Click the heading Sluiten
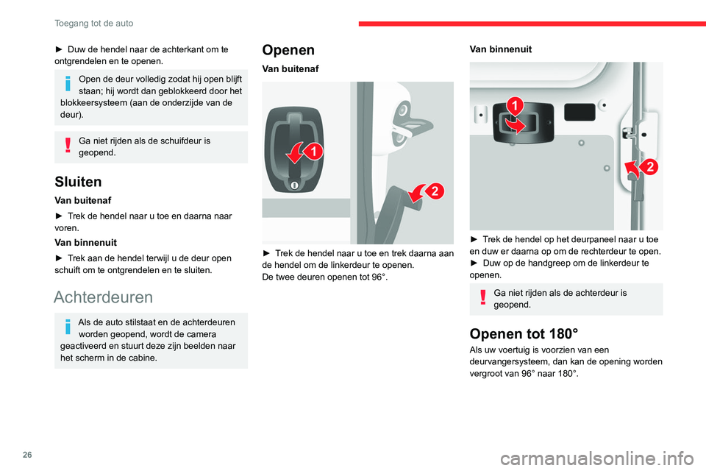pyautogui.click(x=76, y=182)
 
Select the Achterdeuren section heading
pyautogui.click(x=103, y=297)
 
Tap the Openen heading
pyautogui.click(x=288, y=50)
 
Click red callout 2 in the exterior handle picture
pyautogui.click(x=433, y=191)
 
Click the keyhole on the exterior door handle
pyautogui.click(x=293, y=185)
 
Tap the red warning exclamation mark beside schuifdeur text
pyautogui.click(x=68, y=145)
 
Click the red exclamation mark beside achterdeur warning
pyautogui.click(x=483, y=297)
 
